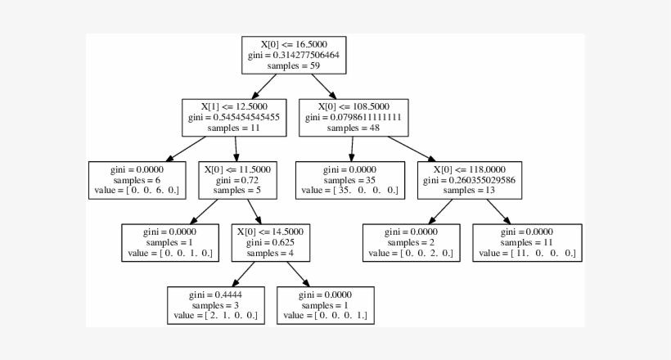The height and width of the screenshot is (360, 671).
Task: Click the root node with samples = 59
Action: pyautogui.click(x=294, y=55)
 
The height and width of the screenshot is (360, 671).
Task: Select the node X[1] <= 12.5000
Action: pyautogui.click(x=234, y=118)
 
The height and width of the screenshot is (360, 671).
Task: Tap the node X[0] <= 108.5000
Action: pyautogui.click(x=354, y=118)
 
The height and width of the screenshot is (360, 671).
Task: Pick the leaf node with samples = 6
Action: pyautogui.click(x=137, y=180)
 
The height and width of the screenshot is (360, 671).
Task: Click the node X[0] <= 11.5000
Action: pyautogui.click(x=236, y=180)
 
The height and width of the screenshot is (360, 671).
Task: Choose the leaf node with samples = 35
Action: pyautogui.click(x=350, y=180)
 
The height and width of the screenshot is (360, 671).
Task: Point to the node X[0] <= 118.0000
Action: pyautogui.click(x=468, y=180)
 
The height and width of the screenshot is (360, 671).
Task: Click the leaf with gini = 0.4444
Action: pyautogui.click(x=216, y=305)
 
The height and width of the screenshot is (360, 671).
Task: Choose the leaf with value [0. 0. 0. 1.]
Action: pyautogui.click(x=326, y=305)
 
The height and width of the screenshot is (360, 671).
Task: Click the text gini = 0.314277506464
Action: pyautogui.click(x=294, y=55)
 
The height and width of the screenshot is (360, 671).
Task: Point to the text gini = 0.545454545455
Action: pyautogui.click(x=234, y=118)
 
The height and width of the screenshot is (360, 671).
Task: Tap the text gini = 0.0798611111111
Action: pyautogui.click(x=354, y=118)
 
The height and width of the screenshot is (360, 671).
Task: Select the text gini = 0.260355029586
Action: pyautogui.click(x=468, y=180)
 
